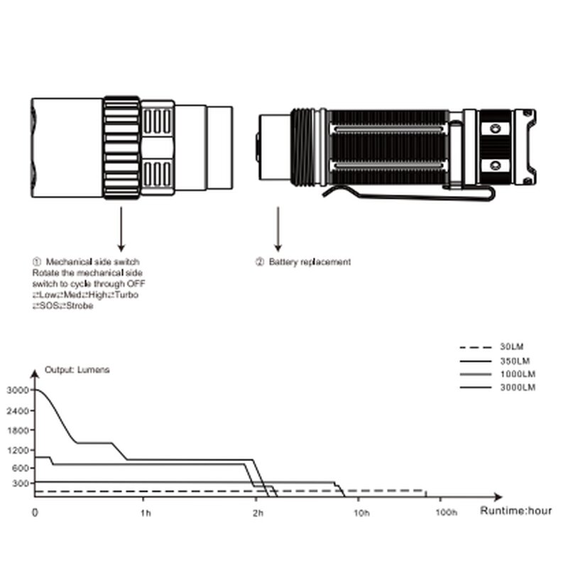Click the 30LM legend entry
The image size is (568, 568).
[x=512, y=347]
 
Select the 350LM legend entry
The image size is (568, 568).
[x=515, y=361]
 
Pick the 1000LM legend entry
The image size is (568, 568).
[x=518, y=374]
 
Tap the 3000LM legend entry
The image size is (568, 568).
[x=518, y=388]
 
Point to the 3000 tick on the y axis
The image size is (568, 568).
[x=16, y=390]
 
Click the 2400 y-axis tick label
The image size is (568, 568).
[x=16, y=410]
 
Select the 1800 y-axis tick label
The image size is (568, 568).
[x=16, y=430]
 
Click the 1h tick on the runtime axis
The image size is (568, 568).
[x=146, y=512]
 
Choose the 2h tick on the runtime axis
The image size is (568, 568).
[x=258, y=512]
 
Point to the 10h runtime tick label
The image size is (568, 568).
[x=362, y=512]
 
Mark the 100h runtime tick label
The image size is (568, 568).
[x=445, y=512]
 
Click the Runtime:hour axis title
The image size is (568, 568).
[x=515, y=510]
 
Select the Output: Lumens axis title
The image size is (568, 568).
[x=77, y=370]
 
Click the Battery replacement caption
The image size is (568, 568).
[x=310, y=262]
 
